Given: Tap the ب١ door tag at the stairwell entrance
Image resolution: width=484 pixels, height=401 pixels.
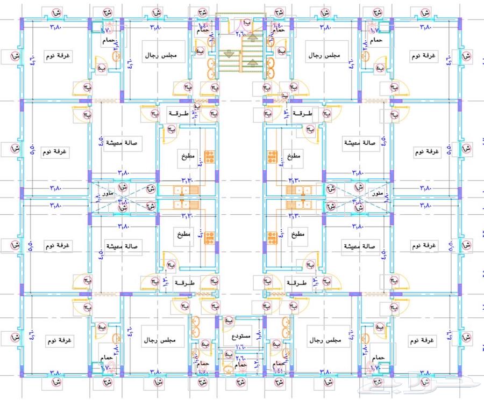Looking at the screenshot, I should (x=246, y=24).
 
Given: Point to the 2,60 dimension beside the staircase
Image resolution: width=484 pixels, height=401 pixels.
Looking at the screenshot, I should (x=240, y=33).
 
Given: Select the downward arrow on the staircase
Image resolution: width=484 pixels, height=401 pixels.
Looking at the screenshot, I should (x=230, y=53).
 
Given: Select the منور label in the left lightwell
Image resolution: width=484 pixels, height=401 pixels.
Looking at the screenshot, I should (x=106, y=192).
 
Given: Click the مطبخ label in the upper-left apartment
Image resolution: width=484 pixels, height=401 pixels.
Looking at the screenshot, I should (x=188, y=156).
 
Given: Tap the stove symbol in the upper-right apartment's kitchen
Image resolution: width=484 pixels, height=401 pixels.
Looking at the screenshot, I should (x=273, y=157).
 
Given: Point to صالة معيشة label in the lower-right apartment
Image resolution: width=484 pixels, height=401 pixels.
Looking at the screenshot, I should (x=361, y=245).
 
